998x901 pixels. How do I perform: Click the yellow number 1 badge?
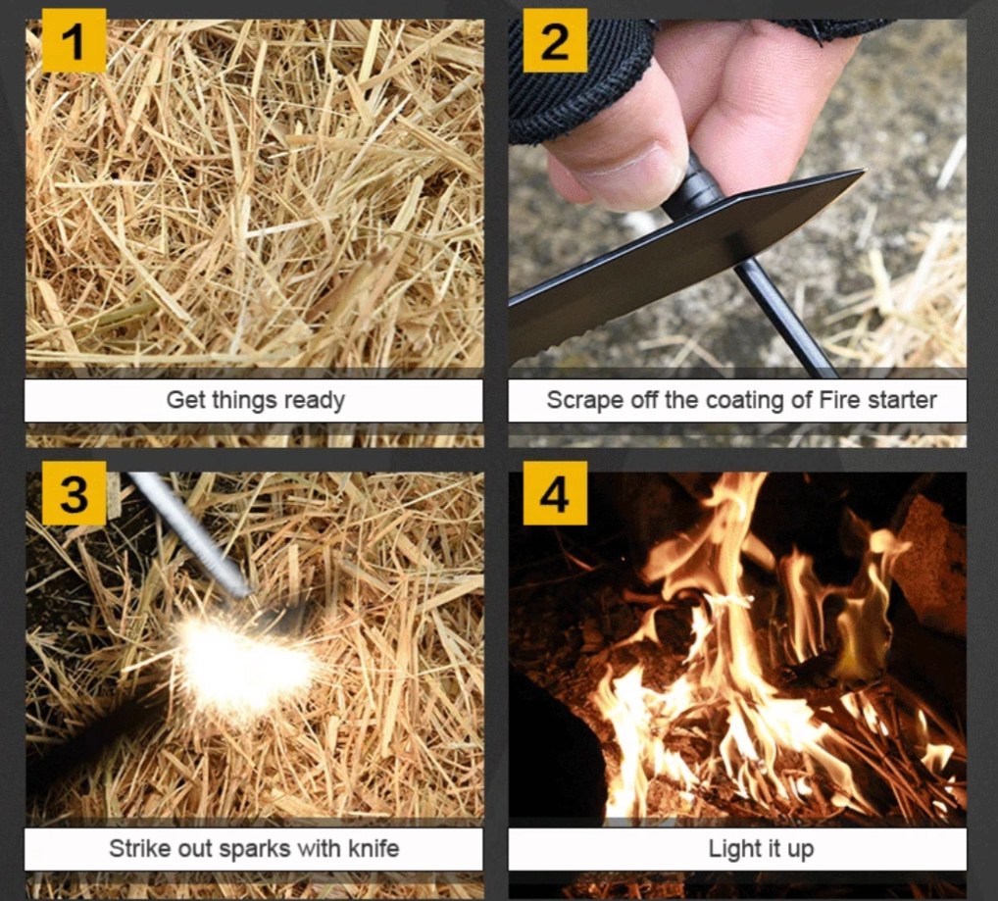pyautogui.click(x=74, y=41)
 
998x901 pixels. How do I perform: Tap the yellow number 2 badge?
pyautogui.click(x=555, y=41)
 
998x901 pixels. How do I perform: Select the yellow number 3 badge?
pyautogui.click(x=74, y=493)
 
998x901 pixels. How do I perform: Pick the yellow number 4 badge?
pyautogui.click(x=555, y=493)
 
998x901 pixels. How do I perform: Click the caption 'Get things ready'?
pyautogui.click(x=255, y=400)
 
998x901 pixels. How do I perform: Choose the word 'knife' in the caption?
pyautogui.click(x=371, y=848)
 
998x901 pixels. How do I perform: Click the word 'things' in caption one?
pyautogui.click(x=246, y=400)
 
